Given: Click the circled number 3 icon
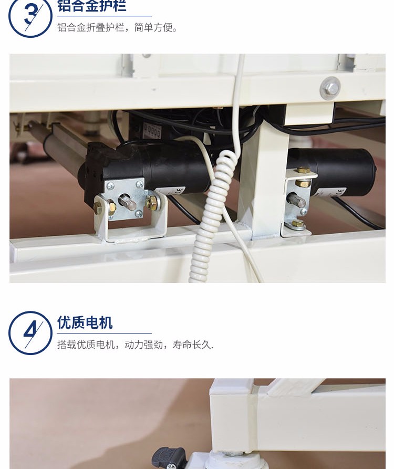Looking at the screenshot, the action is pyautogui.click(x=30, y=16).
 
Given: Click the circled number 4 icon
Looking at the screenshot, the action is pyautogui.click(x=30, y=333).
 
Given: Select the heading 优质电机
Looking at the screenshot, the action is pyautogui.click(x=85, y=322).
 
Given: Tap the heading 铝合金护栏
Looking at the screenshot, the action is pyautogui.click(x=92, y=6).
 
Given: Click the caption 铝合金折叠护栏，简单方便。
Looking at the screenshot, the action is pyautogui.click(x=117, y=27).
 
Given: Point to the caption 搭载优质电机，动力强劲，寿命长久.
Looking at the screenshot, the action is pyautogui.click(x=135, y=345).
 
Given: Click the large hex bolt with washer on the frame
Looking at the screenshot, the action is pyautogui.click(x=330, y=88).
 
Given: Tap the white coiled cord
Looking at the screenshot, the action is pyautogui.click(x=214, y=215).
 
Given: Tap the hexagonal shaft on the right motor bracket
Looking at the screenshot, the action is pyautogui.click(x=296, y=200).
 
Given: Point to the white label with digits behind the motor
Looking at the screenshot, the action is pyautogui.click(x=152, y=131).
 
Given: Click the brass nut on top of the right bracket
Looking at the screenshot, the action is pyautogui.click(x=303, y=170).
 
